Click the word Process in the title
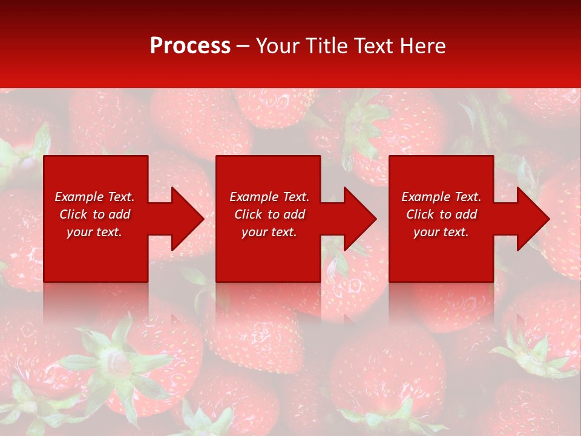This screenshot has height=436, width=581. (x=190, y=46)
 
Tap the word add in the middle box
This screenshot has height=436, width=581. (x=294, y=214)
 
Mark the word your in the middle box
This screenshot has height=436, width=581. (x=254, y=233)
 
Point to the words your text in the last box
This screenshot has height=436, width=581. (x=441, y=233)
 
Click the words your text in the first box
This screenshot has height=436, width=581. (x=94, y=233)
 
